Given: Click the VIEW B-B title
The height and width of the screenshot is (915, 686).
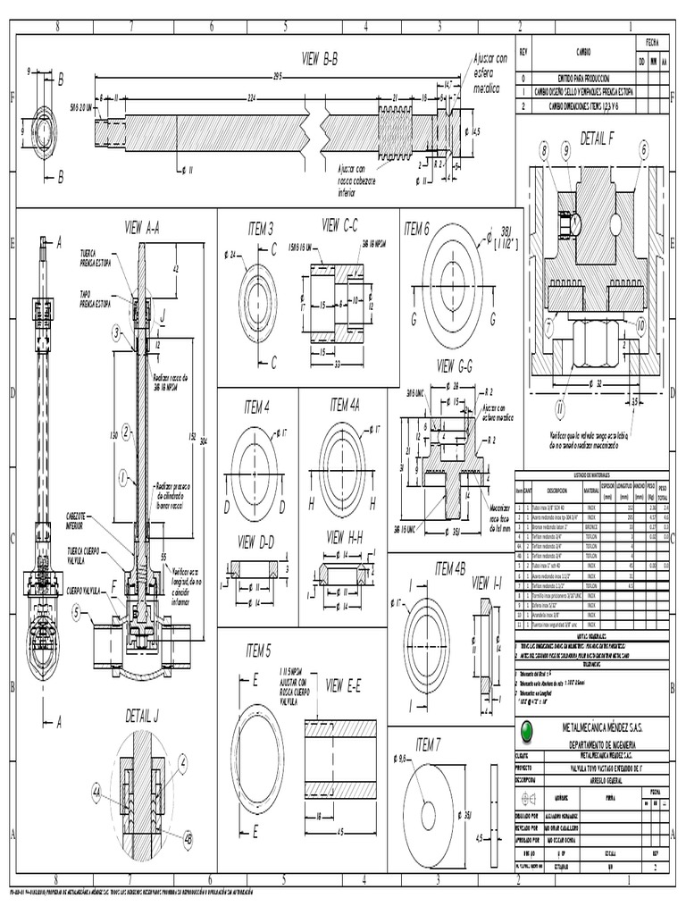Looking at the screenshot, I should point(320,58).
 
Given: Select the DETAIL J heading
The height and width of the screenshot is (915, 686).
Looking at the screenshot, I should point(142,715).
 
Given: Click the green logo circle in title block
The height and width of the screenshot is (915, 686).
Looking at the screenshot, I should point(529,730).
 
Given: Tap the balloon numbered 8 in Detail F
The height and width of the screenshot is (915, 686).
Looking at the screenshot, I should point(544,153).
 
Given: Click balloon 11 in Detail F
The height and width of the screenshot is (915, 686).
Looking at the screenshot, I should point(560,409).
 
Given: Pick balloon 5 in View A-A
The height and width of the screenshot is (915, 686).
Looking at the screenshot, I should point(77,612).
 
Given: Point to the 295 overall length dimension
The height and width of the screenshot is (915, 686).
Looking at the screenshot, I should point(277,76).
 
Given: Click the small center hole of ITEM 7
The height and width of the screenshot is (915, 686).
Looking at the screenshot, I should point(428,816).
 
